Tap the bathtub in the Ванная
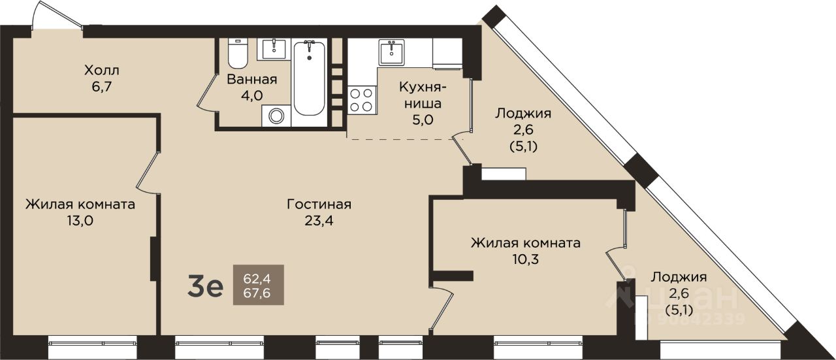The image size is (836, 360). (x=309, y=78)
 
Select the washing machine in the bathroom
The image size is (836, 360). (x=276, y=116)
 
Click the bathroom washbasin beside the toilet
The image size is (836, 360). (x=274, y=49)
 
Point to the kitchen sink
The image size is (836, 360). (x=391, y=52)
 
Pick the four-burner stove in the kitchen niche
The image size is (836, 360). (x=361, y=100)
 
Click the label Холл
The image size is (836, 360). (x=101, y=70)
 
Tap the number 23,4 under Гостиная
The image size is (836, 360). (x=319, y=221)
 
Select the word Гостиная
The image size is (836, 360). (x=319, y=205)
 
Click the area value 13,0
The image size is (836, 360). (x=80, y=221)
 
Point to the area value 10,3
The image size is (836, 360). (x=526, y=259)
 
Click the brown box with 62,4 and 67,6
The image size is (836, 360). (x=258, y=285)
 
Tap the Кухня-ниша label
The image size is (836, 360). (x=423, y=95)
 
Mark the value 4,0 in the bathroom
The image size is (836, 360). (x=251, y=95)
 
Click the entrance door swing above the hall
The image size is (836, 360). (x=56, y=15)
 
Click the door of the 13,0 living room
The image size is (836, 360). (x=148, y=172)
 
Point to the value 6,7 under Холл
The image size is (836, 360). (x=102, y=87)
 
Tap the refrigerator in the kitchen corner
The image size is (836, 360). (x=448, y=54)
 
